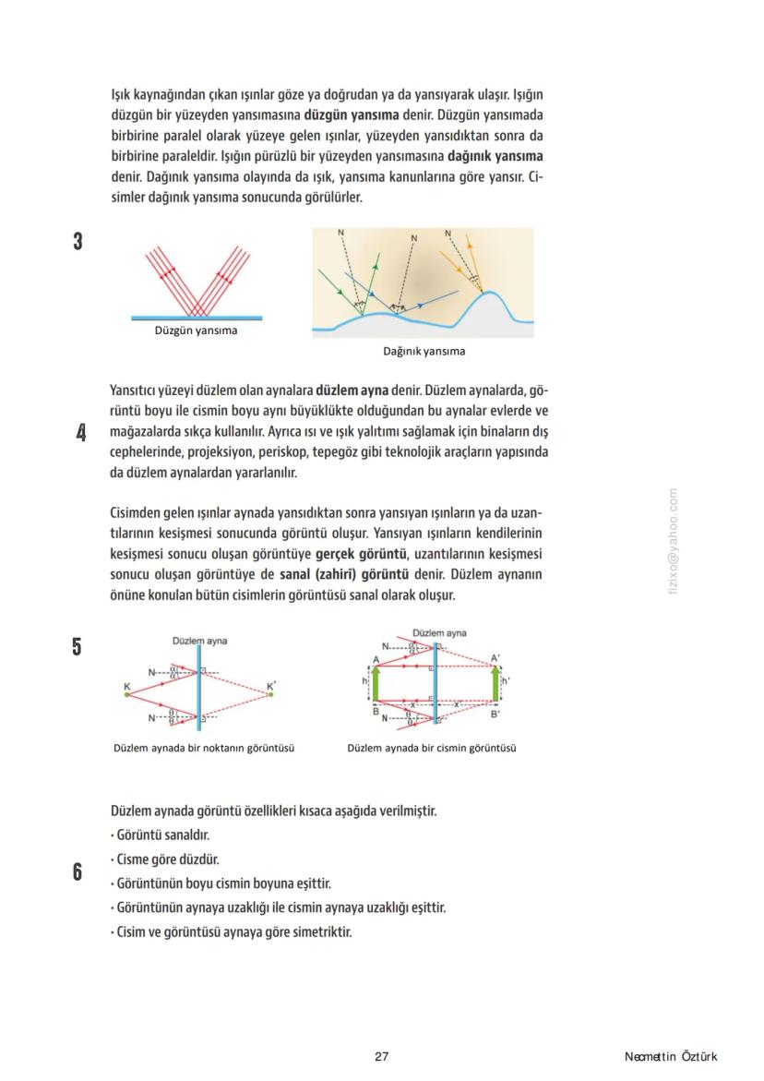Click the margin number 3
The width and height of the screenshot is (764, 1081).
point(78,242)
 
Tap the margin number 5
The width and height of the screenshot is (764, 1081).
point(78,647)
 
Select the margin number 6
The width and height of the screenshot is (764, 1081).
point(78,871)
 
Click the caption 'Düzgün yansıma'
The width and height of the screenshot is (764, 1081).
point(196,331)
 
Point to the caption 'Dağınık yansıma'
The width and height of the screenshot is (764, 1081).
point(424,351)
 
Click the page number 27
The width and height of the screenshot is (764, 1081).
point(382,1057)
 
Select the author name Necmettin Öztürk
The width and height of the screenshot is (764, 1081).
point(670,1057)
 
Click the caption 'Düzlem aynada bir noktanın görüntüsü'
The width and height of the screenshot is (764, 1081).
point(204,748)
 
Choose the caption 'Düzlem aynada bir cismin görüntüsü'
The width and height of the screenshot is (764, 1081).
point(431,748)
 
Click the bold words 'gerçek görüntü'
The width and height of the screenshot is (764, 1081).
point(361,554)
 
